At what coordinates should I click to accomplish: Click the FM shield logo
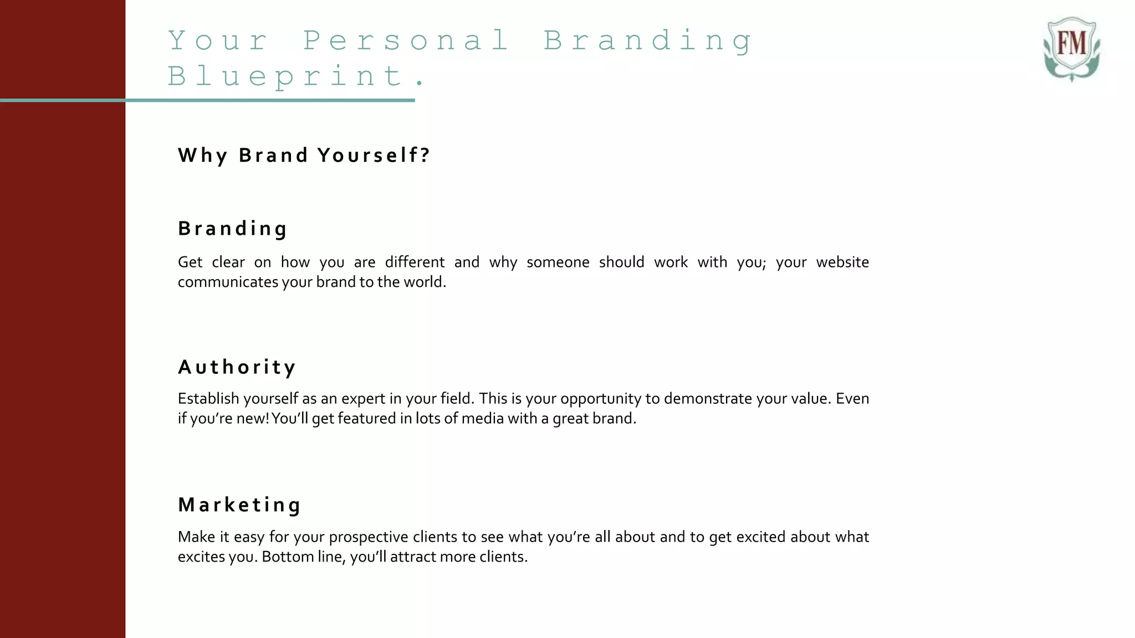[1071, 49]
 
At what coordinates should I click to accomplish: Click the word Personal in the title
[406, 40]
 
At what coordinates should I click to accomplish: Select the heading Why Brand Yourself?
[304, 156]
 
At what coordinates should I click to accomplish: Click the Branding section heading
[233, 229]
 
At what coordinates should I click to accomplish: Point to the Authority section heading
[237, 367]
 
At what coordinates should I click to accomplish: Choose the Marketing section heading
[239, 505]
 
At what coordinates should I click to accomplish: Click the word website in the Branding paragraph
[842, 262]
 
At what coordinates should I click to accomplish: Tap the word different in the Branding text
[415, 262]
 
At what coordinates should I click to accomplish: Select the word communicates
[227, 282]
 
